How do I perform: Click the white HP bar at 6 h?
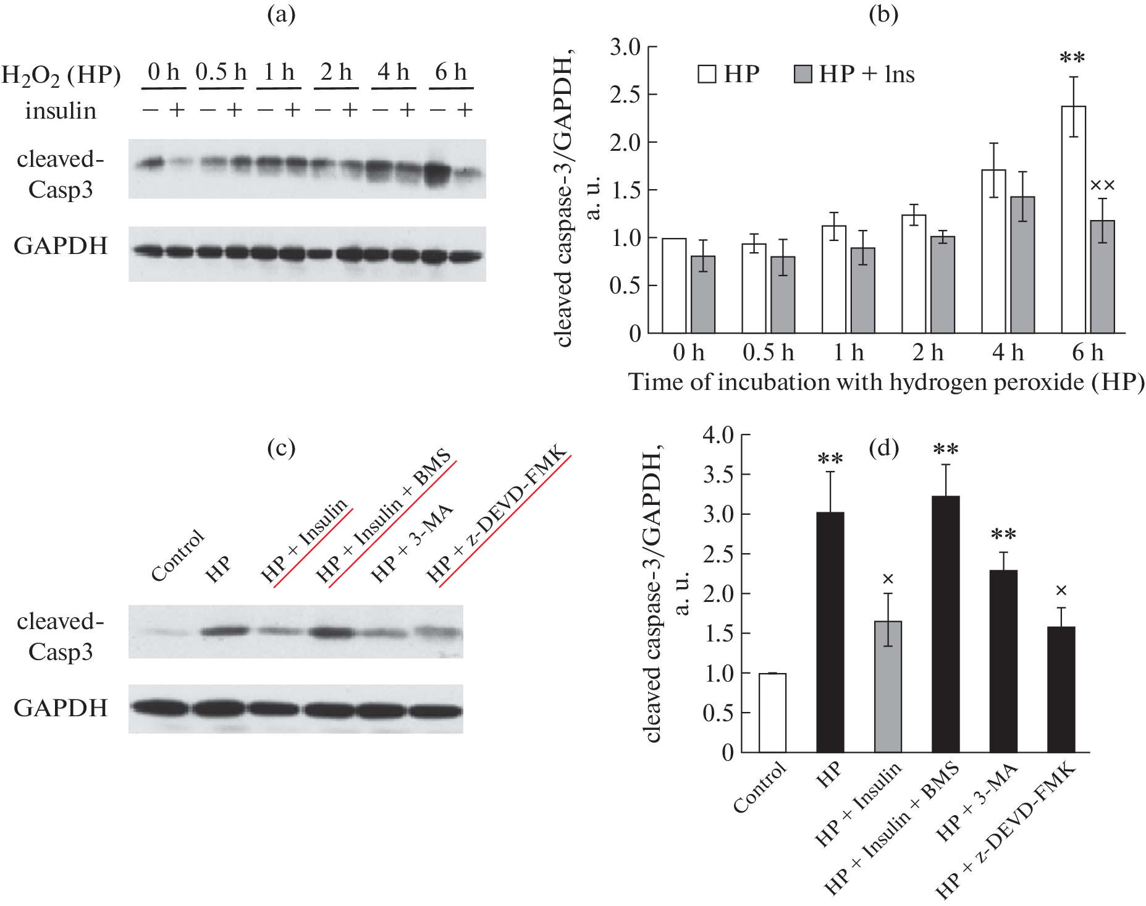(1073, 219)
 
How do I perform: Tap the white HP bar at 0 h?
(674, 286)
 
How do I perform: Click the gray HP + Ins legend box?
(802, 74)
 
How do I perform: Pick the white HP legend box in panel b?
(707, 74)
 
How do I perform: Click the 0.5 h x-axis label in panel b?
(768, 353)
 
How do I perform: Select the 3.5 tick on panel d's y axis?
(718, 475)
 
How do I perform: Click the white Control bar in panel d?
(772, 713)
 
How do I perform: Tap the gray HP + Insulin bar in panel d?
(888, 686)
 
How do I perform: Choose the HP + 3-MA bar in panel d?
(1003, 661)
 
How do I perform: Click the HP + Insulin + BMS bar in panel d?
(945, 624)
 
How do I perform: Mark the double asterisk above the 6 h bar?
(1072, 58)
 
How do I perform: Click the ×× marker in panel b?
(1102, 185)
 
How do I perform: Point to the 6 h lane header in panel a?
(450, 72)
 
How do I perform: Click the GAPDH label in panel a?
(61, 246)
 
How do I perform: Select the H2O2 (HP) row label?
(61, 75)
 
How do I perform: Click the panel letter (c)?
(281, 447)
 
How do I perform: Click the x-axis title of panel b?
(886, 382)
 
